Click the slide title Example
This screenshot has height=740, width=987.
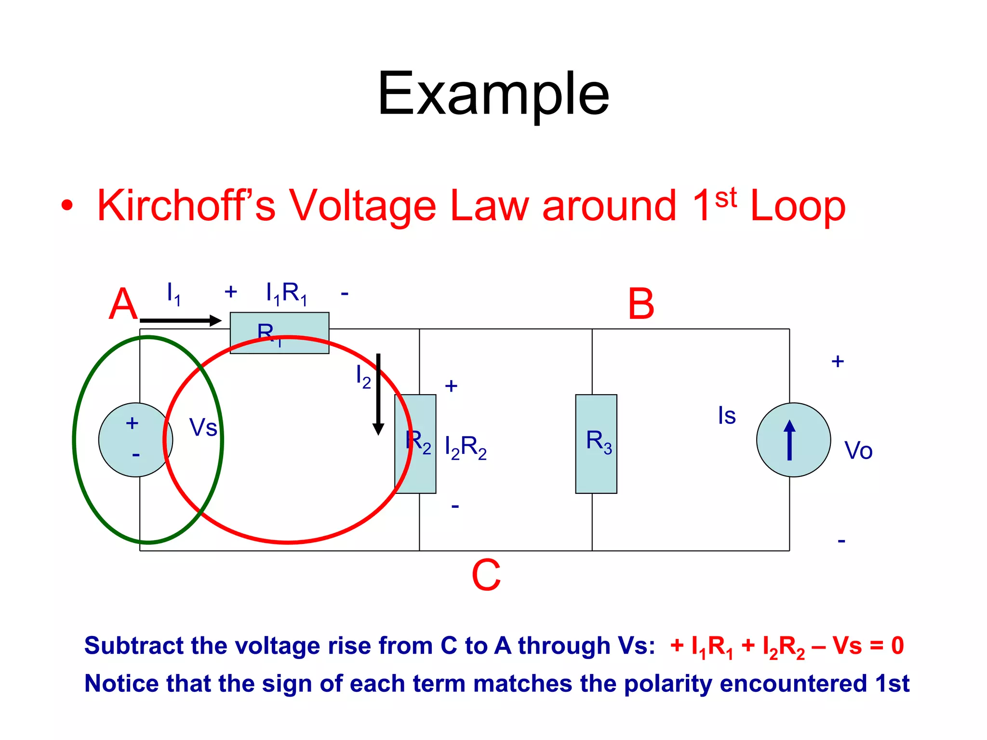pyautogui.click(x=493, y=93)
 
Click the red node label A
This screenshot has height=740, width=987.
pyautogui.click(x=123, y=304)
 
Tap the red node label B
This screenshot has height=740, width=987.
pyautogui.click(x=640, y=304)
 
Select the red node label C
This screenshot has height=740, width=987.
pyautogui.click(x=486, y=575)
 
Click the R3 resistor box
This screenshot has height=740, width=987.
pyautogui.click(x=596, y=444)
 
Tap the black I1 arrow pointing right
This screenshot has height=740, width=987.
pyautogui.click(x=181, y=320)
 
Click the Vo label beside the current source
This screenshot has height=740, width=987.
pyautogui.click(x=858, y=451)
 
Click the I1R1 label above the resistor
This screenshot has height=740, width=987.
pyautogui.click(x=286, y=292)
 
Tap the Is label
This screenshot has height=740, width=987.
pyautogui.click(x=727, y=415)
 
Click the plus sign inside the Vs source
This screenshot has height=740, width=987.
pyautogui.click(x=132, y=423)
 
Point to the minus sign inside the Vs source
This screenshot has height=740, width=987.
pyautogui.click(x=136, y=454)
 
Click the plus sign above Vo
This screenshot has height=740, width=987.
pyautogui.click(x=838, y=361)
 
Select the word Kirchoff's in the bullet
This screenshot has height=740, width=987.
pyautogui.click(x=186, y=206)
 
